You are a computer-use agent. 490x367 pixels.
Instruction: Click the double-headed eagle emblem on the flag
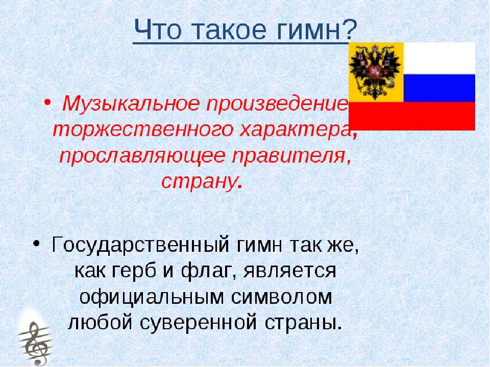(376, 71)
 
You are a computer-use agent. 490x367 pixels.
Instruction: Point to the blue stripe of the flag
(439, 88)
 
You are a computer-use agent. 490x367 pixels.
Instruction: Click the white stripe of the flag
(439, 58)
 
